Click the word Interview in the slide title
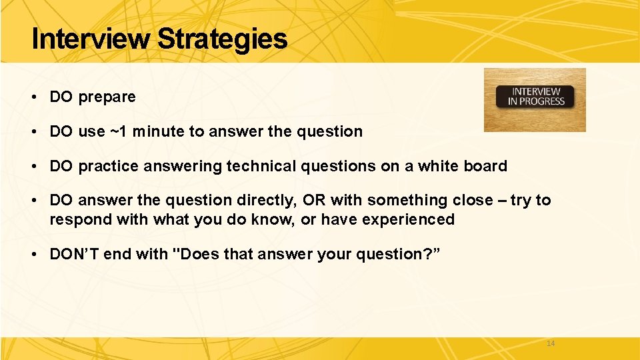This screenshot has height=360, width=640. click(x=91, y=39)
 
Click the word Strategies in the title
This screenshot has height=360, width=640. click(x=222, y=39)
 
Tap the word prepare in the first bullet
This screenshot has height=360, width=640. click(x=107, y=97)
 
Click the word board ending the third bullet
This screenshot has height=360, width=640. click(x=488, y=166)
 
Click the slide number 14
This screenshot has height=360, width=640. click(x=550, y=343)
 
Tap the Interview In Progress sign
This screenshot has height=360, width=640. click(x=535, y=99)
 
